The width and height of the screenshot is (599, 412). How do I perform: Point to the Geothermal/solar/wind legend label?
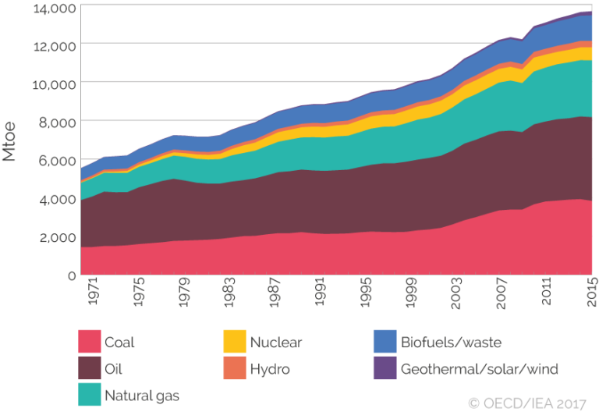point(480,369)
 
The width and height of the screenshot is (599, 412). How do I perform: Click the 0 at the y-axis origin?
point(71,275)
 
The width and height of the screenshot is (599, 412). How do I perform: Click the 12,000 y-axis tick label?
point(55,45)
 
